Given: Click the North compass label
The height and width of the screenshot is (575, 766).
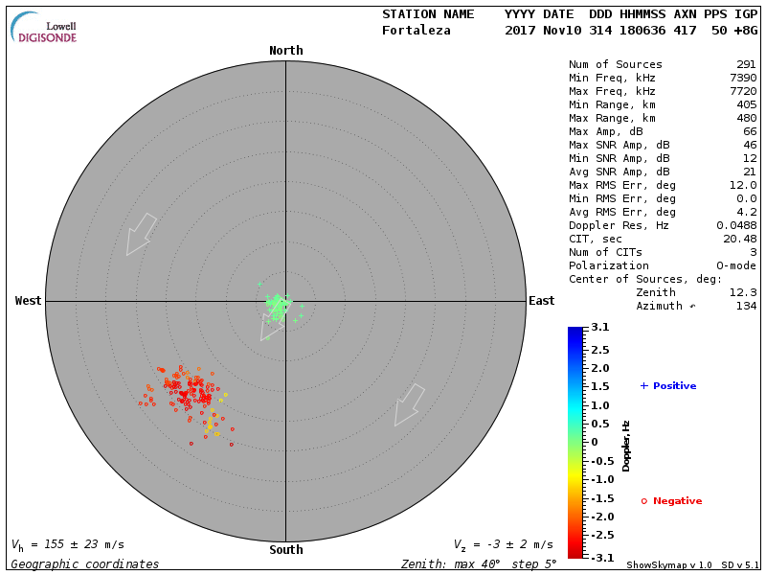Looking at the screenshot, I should click(285, 51).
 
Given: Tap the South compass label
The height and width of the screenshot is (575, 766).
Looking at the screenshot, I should click(285, 550).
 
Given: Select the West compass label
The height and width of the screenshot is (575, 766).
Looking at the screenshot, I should click(29, 301).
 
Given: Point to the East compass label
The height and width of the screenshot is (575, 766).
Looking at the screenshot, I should click(541, 301).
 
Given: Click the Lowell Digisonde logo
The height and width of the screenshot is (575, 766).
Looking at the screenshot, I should click(44, 28).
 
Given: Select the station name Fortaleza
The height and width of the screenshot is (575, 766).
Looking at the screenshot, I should click(416, 31).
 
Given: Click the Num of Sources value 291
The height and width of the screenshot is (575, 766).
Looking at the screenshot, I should click(746, 65).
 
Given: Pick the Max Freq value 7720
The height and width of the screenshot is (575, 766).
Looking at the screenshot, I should click(743, 92).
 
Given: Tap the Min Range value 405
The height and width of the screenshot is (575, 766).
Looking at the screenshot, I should click(746, 105).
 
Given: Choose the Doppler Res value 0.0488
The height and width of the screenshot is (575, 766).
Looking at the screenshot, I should click(736, 225).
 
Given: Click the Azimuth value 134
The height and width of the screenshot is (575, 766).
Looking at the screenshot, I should click(746, 306).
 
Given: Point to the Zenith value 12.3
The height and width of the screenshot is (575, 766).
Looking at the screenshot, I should click(743, 292).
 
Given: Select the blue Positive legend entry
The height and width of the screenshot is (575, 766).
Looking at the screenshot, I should click(668, 386).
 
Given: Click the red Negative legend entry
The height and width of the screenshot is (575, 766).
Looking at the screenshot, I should click(671, 501).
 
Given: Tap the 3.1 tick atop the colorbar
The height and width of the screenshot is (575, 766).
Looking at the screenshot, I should click(600, 328).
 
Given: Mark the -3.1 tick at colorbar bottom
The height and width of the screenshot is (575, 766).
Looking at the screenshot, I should click(598, 557).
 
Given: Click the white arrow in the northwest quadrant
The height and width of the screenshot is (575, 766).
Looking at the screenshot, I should click(141, 233).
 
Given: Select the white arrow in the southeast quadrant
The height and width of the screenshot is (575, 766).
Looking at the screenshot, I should click(409, 404).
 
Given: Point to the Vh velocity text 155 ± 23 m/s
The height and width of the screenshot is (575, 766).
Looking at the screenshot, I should click(67, 544).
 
